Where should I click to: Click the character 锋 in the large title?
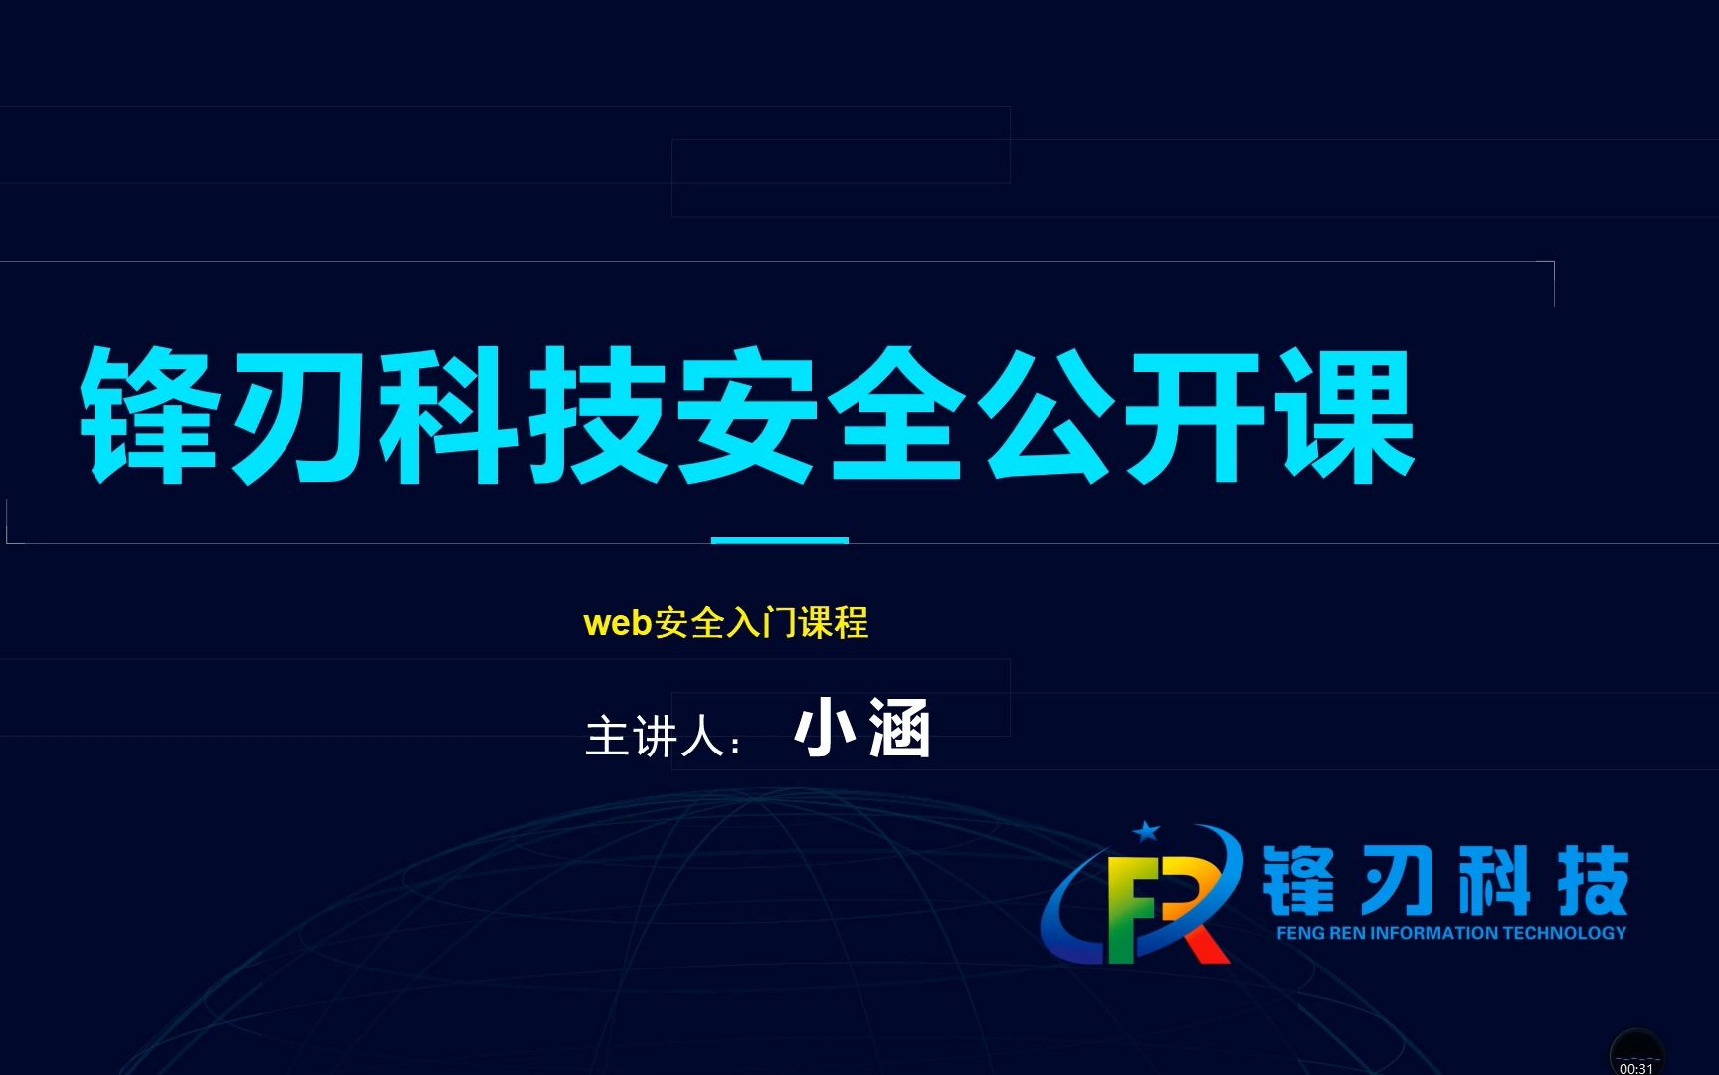point(151,416)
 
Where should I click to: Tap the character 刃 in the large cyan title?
point(300,416)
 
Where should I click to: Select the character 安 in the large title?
point(748,416)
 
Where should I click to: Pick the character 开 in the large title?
point(1196,416)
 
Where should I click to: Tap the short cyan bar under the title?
point(780,540)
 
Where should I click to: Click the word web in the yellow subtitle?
point(617,624)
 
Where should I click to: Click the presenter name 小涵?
point(862,730)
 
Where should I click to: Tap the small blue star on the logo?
point(1147,830)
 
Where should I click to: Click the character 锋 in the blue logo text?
point(1299,881)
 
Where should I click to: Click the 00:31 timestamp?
point(1636,1068)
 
